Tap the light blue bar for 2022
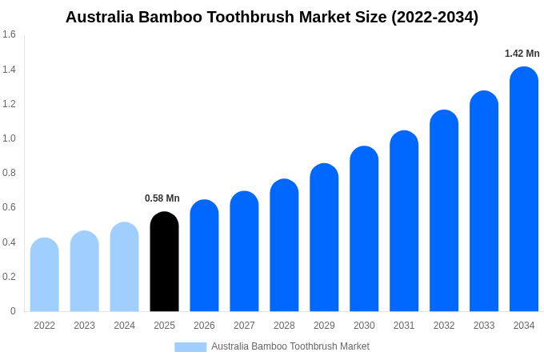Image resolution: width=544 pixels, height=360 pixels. click(45, 275)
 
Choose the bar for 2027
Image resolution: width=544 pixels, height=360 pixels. click(244, 252)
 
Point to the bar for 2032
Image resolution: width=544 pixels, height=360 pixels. click(444, 212)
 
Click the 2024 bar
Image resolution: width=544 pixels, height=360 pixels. click(124, 267)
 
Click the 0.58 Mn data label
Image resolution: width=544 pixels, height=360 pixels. click(162, 198)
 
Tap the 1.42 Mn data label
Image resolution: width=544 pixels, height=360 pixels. click(522, 54)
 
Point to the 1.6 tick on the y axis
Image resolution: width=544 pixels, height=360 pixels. click(9, 34)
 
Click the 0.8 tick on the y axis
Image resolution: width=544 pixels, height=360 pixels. click(9, 173)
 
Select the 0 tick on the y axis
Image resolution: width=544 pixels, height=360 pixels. click(13, 311)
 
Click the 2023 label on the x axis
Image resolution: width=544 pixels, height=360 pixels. click(84, 326)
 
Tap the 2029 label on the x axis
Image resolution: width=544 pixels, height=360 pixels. click(324, 326)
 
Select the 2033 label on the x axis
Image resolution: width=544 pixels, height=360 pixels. click(484, 326)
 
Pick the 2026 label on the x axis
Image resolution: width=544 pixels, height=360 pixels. click(204, 326)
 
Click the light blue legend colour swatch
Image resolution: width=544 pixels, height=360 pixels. click(190, 347)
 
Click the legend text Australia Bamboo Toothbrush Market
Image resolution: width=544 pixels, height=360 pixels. click(290, 346)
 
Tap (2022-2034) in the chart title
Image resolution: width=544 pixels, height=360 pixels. click(434, 17)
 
